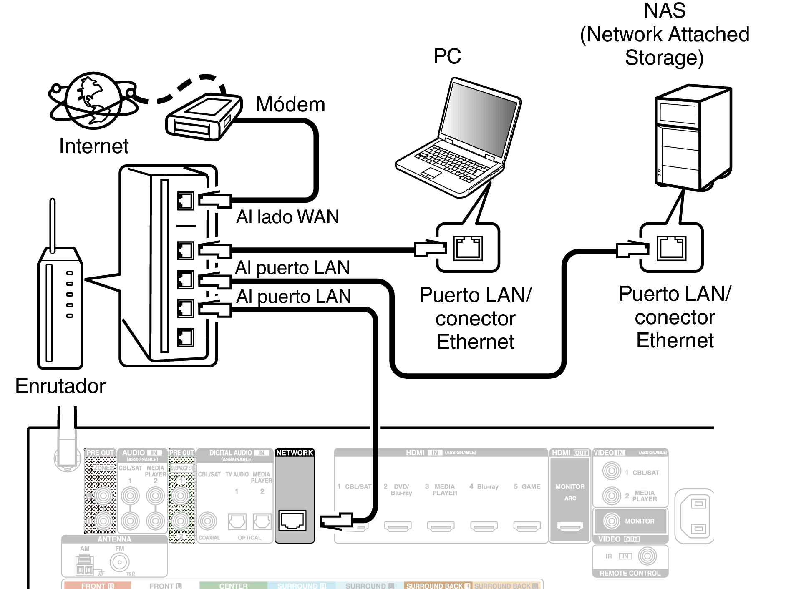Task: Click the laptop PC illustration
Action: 459,138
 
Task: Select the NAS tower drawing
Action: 693,138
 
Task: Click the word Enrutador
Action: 60,386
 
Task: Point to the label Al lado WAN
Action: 287,217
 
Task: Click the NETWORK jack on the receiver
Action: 293,520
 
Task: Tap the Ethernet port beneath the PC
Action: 468,248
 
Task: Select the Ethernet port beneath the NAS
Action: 671,248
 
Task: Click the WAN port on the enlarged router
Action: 186,201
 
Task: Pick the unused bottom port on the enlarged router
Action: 186,337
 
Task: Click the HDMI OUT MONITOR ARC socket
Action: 570,527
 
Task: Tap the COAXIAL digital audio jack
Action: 207,521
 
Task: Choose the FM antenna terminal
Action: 120,562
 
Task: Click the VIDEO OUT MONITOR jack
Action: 612,521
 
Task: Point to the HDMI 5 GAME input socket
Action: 527,527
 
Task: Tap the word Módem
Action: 290,104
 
